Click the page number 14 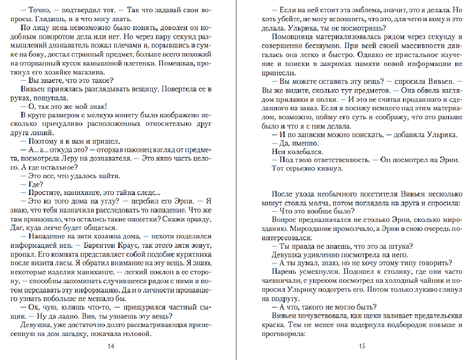point(111,346)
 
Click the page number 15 point(362,346)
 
